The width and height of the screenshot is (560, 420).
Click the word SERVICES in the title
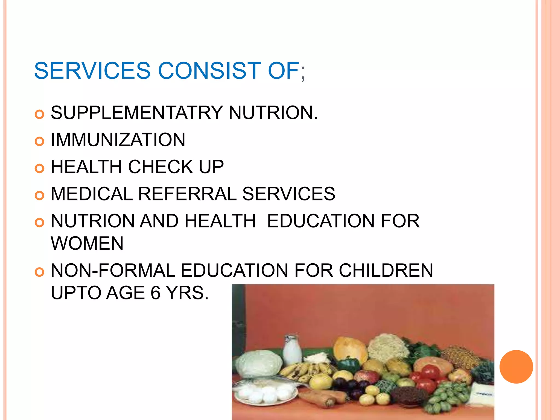pyautogui.click(x=92, y=71)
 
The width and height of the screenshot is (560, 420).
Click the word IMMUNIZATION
pyautogui.click(x=118, y=140)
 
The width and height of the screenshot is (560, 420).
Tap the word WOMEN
pyautogui.click(x=87, y=243)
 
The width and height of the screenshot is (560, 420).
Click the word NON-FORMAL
pyautogui.click(x=113, y=270)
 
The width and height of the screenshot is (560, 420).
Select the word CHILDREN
pyautogui.click(x=386, y=270)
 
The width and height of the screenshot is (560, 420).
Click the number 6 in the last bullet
pyautogui.click(x=156, y=293)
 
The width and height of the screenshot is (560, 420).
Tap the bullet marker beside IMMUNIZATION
pyautogui.click(x=40, y=141)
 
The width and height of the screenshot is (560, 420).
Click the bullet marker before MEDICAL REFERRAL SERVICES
pyautogui.click(x=40, y=196)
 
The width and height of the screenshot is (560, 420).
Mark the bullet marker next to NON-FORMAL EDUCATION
pyautogui.click(x=40, y=272)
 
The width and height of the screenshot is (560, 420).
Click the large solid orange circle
pyautogui.click(x=516, y=367)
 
